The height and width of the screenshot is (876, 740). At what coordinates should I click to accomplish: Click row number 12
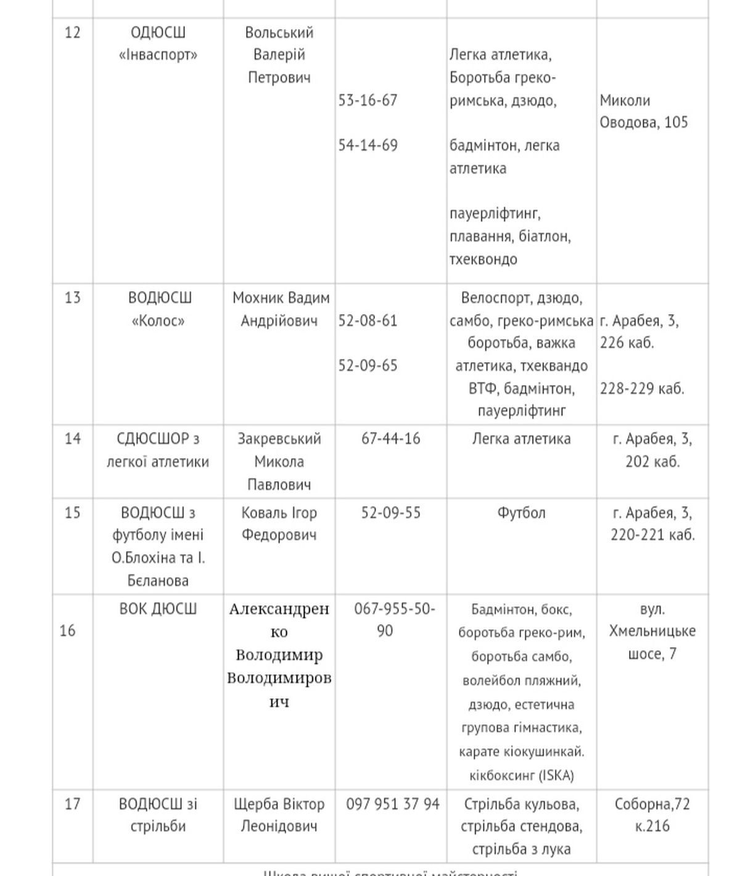click(72, 32)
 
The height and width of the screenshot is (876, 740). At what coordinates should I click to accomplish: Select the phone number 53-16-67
click(368, 100)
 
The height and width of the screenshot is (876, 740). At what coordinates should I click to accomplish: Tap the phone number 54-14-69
click(368, 146)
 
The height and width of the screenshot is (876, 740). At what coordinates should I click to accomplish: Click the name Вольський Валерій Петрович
click(279, 55)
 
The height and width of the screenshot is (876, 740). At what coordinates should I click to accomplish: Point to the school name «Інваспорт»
click(158, 55)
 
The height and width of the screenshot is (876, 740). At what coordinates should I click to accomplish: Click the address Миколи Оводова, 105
click(643, 111)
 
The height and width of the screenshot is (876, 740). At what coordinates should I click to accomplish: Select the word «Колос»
click(158, 321)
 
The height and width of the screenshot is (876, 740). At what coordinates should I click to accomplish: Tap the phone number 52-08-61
click(368, 321)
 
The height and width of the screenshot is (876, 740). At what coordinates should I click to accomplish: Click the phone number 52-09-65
click(368, 366)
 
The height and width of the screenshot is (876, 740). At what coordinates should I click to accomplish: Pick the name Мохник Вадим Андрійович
click(281, 309)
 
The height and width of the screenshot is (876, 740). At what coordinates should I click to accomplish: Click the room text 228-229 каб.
click(642, 389)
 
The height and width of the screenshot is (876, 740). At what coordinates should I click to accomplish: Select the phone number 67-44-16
click(391, 439)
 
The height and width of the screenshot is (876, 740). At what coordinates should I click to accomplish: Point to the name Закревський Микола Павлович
click(279, 461)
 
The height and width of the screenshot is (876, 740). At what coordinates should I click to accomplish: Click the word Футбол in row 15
click(521, 513)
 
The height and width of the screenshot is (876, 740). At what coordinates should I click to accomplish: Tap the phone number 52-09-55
click(391, 513)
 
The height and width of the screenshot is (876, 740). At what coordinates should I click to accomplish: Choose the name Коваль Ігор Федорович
click(279, 523)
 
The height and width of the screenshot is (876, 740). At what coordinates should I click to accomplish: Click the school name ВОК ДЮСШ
click(158, 609)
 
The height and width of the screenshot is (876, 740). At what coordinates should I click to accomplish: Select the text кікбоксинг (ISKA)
click(521, 775)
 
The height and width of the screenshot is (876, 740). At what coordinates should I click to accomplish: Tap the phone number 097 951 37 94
click(393, 804)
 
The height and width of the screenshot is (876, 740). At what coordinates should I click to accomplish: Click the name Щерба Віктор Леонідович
click(279, 815)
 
